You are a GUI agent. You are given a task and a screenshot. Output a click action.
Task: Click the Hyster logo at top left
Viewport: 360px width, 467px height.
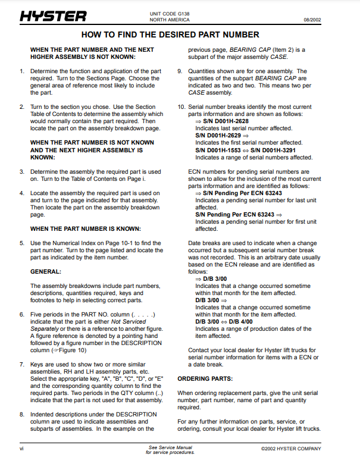coord(52,16)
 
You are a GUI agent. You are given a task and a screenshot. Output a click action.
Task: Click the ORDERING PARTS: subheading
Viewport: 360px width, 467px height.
coord(205,378)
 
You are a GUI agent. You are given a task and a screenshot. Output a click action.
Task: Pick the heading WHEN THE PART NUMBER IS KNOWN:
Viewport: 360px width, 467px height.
coord(86,228)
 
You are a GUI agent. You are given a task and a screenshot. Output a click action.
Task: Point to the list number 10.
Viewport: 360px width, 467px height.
coord(181,107)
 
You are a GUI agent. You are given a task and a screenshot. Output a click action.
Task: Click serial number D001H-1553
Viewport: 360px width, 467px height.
coord(228,150)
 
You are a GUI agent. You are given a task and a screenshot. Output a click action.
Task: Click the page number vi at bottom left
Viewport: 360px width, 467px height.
coord(21,449)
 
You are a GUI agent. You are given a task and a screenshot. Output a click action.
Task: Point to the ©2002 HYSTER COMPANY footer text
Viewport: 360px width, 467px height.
coord(291,449)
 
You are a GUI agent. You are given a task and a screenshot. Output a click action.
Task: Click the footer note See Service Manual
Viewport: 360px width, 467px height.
coord(170,447)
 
